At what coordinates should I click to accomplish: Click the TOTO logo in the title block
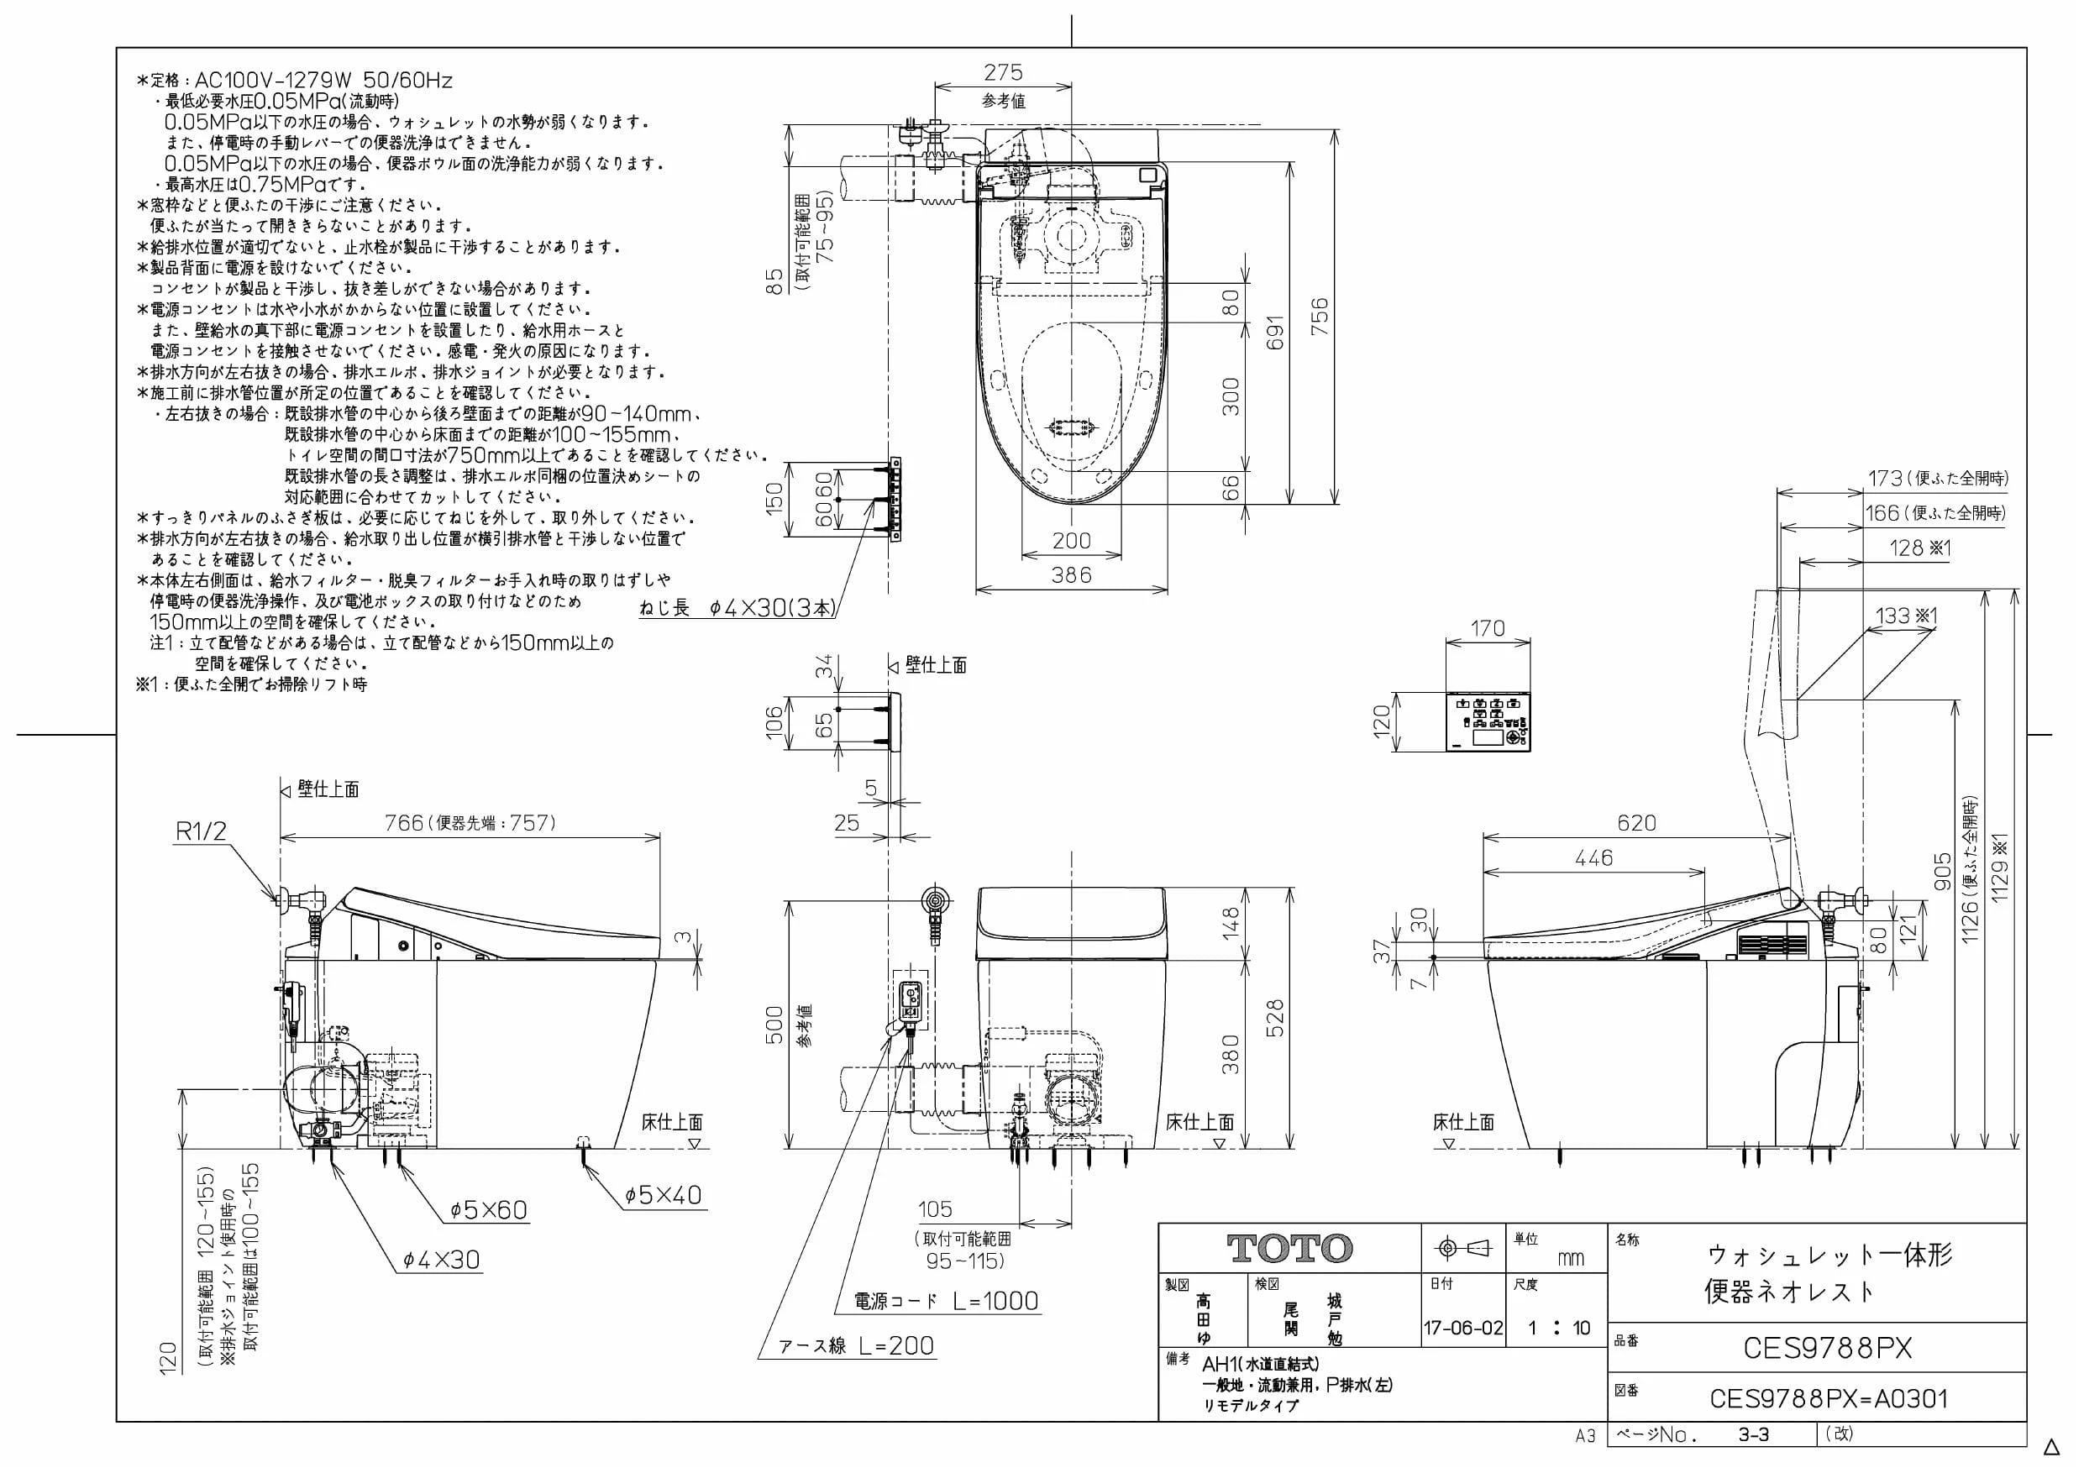point(1289,1249)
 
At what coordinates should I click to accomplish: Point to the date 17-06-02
point(1463,1328)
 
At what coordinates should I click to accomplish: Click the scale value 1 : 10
point(1558,1328)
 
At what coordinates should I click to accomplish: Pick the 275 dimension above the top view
point(1003,71)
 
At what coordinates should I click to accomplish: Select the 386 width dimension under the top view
point(1071,574)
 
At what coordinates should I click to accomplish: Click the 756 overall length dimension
point(1320,316)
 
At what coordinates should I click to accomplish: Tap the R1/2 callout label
point(201,831)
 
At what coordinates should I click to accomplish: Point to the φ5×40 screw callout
point(664,1195)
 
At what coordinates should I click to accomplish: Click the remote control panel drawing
point(1488,722)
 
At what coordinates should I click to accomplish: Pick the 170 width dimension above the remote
point(1487,628)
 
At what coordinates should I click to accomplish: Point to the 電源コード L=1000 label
point(946,1301)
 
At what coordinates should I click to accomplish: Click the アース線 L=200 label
point(856,1346)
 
